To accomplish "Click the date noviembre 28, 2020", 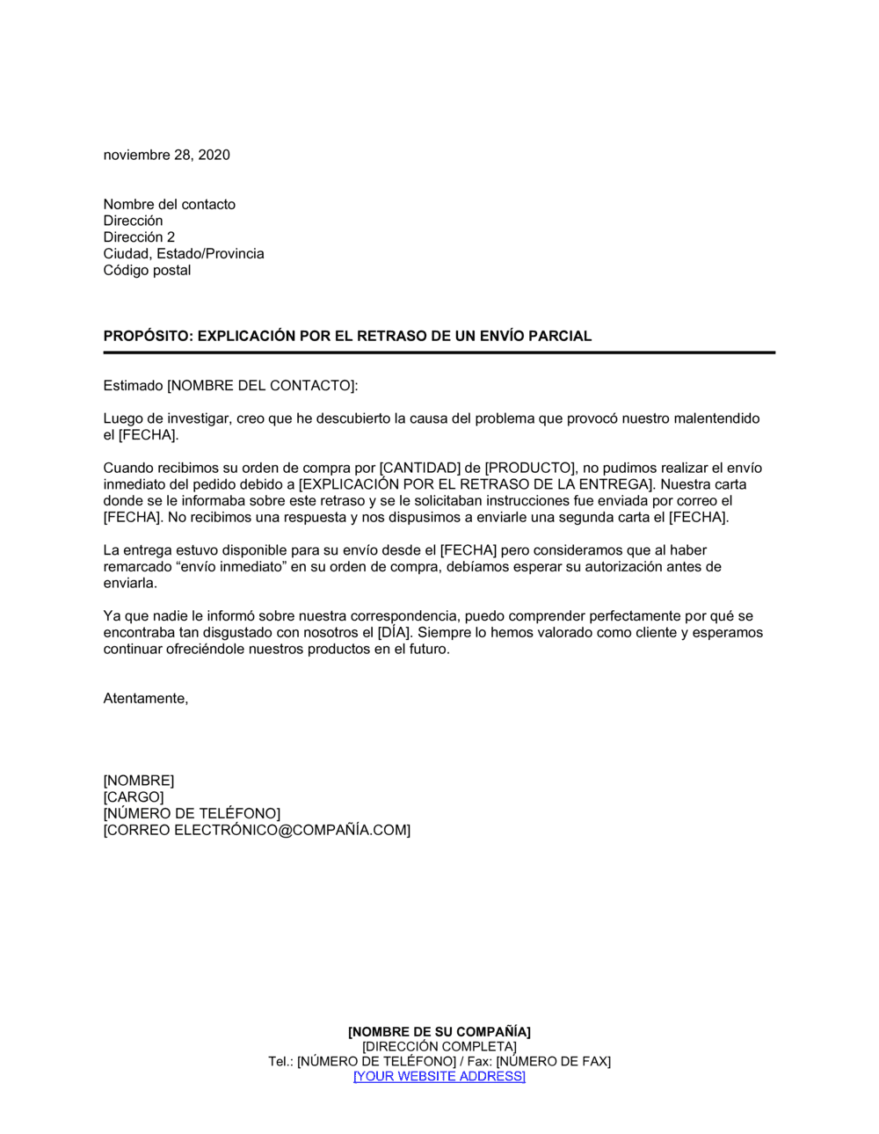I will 166,155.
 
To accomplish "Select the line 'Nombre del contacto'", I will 169,204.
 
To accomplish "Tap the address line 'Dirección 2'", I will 139,237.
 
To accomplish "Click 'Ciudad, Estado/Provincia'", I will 183,254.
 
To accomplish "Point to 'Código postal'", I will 147,270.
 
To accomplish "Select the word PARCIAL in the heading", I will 559,336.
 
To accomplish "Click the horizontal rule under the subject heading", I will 439,353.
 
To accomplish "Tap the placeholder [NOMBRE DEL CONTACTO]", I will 262,386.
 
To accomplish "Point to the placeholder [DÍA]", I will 395,633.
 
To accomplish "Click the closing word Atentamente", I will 145,699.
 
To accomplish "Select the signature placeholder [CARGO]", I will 134,797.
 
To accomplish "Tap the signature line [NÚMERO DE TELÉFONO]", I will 192,814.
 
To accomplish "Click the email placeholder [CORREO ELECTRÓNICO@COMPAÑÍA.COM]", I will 257,831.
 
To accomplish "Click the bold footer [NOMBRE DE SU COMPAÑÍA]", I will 439,1032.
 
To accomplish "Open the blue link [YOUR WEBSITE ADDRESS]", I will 439,1077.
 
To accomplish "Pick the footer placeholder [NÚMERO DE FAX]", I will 553,1062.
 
